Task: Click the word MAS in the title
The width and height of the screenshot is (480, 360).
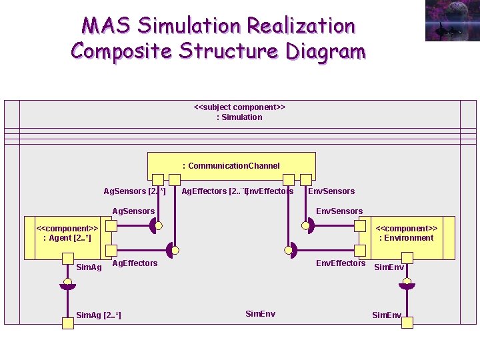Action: [107, 26]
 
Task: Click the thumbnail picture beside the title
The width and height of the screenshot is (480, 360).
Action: [452, 21]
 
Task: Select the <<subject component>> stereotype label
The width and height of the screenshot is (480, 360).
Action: [239, 107]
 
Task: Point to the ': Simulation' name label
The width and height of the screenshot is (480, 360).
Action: [239, 117]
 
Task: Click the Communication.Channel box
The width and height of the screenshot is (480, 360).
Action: [231, 165]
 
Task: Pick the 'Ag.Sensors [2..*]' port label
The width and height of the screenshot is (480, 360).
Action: [134, 191]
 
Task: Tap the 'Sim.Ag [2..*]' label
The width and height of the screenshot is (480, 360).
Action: [99, 315]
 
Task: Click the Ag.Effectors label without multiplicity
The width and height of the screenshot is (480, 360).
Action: [135, 263]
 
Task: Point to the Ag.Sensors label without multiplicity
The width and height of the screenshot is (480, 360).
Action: [133, 211]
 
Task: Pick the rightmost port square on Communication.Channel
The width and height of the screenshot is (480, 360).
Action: [305, 179]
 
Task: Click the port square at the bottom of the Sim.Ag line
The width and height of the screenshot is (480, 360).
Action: [67, 323]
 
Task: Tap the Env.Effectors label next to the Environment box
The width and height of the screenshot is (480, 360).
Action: [340, 263]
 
